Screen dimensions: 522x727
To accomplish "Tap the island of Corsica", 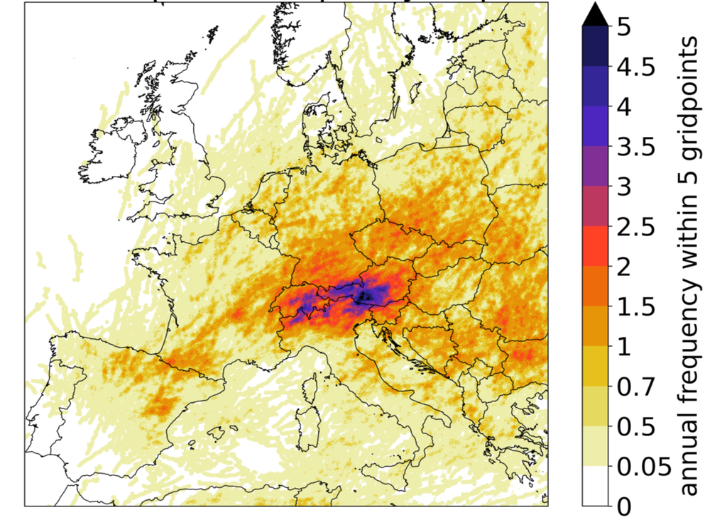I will coord(310,389).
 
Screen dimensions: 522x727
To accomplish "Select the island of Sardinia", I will coord(307,426).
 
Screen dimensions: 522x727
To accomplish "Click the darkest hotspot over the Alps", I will coord(366,296).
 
